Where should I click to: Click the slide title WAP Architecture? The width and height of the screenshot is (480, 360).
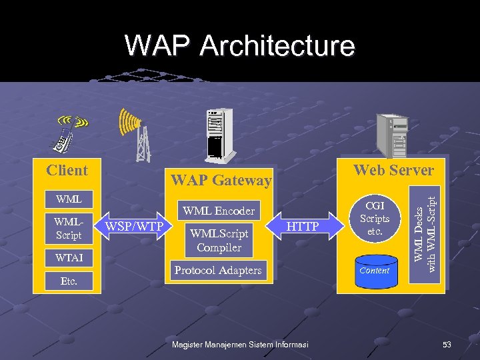pos(239,46)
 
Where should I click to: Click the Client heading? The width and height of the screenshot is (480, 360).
pos(67,170)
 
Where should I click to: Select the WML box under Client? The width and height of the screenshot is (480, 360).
pos(69,199)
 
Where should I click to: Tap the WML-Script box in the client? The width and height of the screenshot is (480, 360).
pos(69,227)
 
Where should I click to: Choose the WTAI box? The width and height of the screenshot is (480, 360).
pos(69,257)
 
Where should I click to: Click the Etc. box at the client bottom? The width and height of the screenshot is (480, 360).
pos(69,281)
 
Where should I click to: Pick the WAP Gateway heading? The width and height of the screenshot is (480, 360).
pos(221,180)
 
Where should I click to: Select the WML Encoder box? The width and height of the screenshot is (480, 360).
pos(219,211)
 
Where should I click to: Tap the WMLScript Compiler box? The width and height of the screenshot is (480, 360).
pos(219,240)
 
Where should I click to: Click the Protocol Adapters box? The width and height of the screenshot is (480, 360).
pos(218,270)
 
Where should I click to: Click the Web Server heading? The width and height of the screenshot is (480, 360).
pos(393,170)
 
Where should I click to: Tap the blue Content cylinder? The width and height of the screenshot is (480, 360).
pos(374,271)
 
